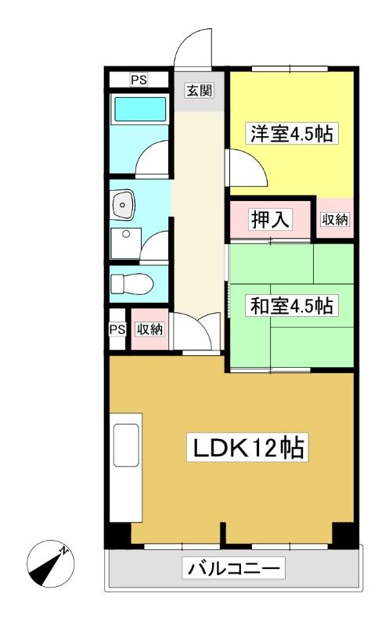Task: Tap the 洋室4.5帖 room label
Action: pos(292,133)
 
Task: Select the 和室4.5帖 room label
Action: pos(292,306)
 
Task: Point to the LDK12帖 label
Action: pos(248,448)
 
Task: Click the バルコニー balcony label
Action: pos(234,568)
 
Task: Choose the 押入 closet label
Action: pos(270,219)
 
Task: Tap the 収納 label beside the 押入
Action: pos(335,219)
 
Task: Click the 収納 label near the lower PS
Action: pos(149,329)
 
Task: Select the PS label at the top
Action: pos(139,81)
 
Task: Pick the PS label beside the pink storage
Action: pos(117,329)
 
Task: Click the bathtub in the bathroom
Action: pos(140,109)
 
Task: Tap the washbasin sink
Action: pos(123,204)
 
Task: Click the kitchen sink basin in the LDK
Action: pos(126,445)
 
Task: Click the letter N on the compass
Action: pos(63,551)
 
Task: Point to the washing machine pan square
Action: pos(126,243)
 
